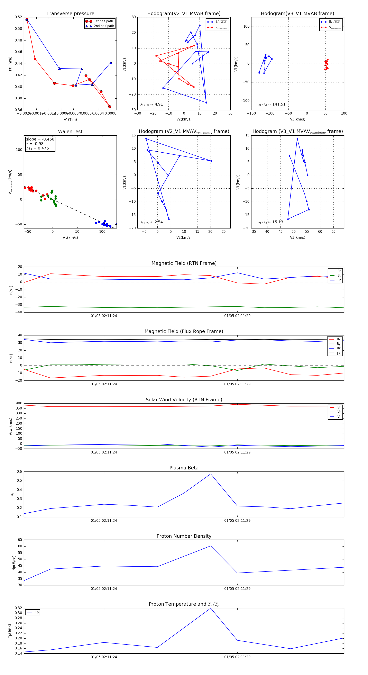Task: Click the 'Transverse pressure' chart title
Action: coord(70,14)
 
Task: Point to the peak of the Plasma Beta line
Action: coord(211,474)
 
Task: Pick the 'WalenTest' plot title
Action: coord(70,132)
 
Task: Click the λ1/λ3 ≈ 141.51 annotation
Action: coord(272,104)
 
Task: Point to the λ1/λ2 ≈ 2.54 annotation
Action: coord(151,222)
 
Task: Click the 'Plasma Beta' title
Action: coord(184,468)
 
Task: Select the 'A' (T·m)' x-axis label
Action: coord(70,119)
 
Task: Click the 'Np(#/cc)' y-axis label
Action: coord(14,563)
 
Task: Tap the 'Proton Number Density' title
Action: coord(184,536)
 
